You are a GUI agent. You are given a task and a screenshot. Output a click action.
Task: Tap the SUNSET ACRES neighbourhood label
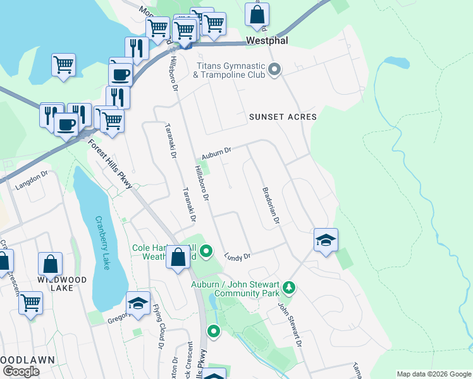[282, 117]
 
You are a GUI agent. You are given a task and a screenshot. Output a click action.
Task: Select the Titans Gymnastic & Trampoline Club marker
[274, 69]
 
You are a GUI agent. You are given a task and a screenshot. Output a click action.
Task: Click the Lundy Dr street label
[238, 255]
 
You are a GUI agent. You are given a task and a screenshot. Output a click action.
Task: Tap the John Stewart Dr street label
[288, 323]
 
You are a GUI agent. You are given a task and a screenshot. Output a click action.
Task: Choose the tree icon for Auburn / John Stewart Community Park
[289, 288]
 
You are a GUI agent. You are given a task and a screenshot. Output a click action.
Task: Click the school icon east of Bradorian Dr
[326, 241]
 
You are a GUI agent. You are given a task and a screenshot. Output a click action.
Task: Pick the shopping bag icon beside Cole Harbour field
[178, 256]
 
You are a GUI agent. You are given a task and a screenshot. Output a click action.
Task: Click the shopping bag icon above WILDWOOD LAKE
[50, 264]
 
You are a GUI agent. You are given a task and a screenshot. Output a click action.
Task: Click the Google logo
[21, 371]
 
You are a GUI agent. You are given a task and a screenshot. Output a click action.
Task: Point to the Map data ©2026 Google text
[433, 374]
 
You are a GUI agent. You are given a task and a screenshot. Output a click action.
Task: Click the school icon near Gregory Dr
[138, 303]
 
